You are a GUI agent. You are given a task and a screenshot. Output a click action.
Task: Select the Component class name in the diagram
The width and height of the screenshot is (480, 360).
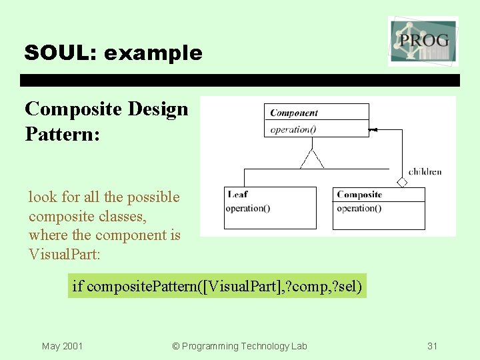(x=293, y=113)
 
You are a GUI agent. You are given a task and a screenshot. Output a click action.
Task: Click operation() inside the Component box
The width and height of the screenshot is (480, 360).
(x=293, y=129)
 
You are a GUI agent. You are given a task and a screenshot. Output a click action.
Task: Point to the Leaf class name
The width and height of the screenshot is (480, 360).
(x=237, y=195)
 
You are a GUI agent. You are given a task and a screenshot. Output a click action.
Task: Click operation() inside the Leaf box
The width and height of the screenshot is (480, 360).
(x=247, y=208)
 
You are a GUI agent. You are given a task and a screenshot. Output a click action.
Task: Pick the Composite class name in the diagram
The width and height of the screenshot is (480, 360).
(x=359, y=195)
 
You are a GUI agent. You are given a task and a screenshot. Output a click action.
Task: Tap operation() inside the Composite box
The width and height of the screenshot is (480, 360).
(x=359, y=208)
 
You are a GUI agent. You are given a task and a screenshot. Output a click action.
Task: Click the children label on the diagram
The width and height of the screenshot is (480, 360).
(x=425, y=171)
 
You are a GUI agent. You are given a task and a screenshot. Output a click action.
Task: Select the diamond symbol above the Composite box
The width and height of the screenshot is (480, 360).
(x=401, y=182)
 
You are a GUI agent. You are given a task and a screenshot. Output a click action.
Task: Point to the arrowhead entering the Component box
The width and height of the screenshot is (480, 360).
(x=373, y=129)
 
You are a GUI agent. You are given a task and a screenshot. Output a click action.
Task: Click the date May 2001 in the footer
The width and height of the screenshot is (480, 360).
(x=62, y=346)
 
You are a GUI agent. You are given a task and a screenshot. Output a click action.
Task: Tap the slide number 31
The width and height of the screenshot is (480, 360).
(x=432, y=346)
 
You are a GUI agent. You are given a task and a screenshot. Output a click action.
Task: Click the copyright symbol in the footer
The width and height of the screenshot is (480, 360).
(x=176, y=346)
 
